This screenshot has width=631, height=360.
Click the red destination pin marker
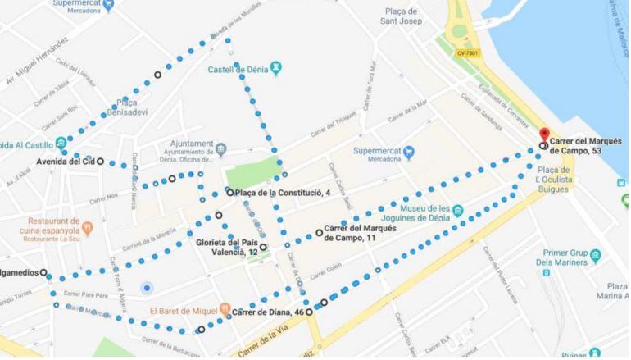point(543,134)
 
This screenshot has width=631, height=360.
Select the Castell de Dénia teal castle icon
point(276,66)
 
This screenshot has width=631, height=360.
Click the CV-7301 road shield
point(468,53)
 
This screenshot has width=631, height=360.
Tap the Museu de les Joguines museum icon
point(457,212)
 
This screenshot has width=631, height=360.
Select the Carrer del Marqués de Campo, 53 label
point(586,145)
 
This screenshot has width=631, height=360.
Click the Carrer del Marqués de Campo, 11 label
point(360,233)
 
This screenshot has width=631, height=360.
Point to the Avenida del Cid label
point(66,162)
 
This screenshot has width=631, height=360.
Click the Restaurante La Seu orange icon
point(89,226)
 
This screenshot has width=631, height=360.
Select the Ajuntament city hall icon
point(221,148)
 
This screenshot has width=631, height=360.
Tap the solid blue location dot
point(147,287)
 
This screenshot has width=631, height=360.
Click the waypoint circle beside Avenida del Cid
point(101,162)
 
